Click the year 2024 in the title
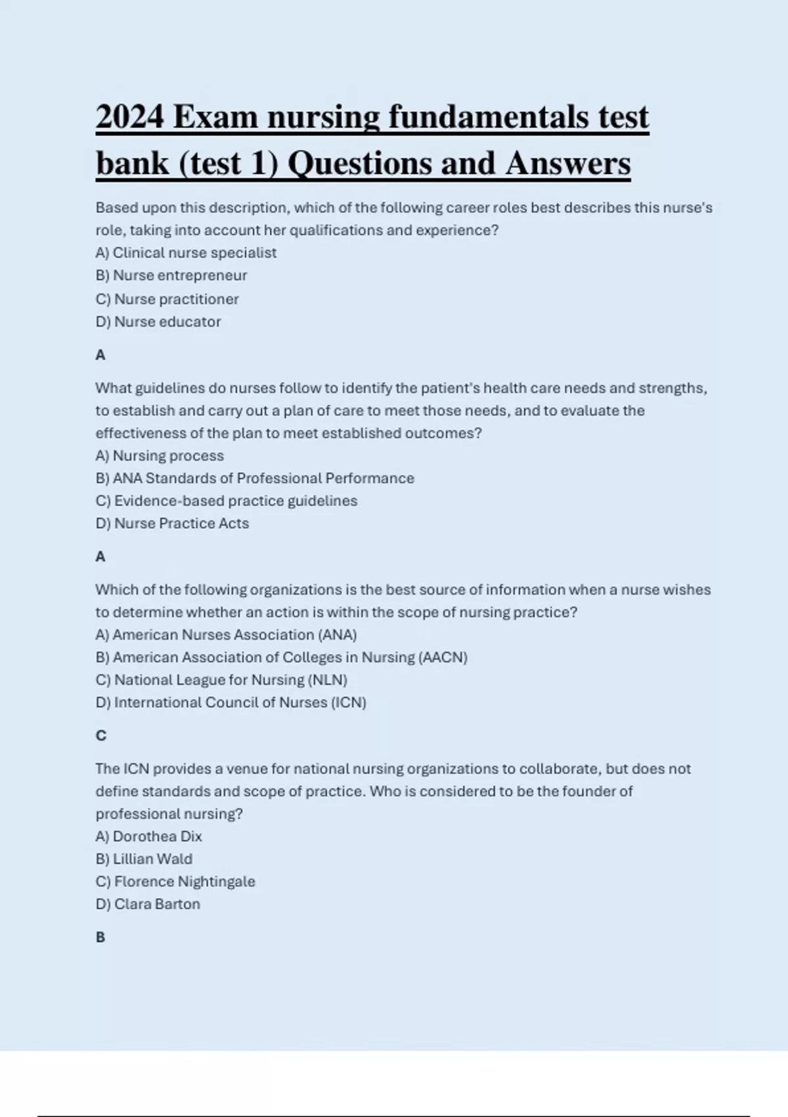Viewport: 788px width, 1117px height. (129, 117)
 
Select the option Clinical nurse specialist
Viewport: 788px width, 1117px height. (186, 253)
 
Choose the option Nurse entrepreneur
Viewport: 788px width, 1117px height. (171, 275)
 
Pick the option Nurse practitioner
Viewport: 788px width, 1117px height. (167, 299)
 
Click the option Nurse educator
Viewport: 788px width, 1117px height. (158, 322)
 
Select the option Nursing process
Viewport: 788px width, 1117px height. (160, 455)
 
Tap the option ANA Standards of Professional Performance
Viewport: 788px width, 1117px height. (255, 478)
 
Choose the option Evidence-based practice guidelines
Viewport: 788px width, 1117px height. (227, 501)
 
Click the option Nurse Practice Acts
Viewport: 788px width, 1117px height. (172, 524)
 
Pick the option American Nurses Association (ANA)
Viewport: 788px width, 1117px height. (226, 635)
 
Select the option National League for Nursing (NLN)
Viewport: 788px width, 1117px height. (221, 680)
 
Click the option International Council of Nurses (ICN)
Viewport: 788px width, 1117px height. (230, 702)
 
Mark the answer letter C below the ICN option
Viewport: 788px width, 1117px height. (100, 735)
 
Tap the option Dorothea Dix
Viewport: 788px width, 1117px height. (148, 836)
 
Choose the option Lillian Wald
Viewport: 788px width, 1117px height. (144, 859)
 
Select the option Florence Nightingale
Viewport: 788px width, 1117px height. (175, 882)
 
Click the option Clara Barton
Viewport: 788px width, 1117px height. (148, 904)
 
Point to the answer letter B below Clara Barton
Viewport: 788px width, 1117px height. (100, 937)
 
